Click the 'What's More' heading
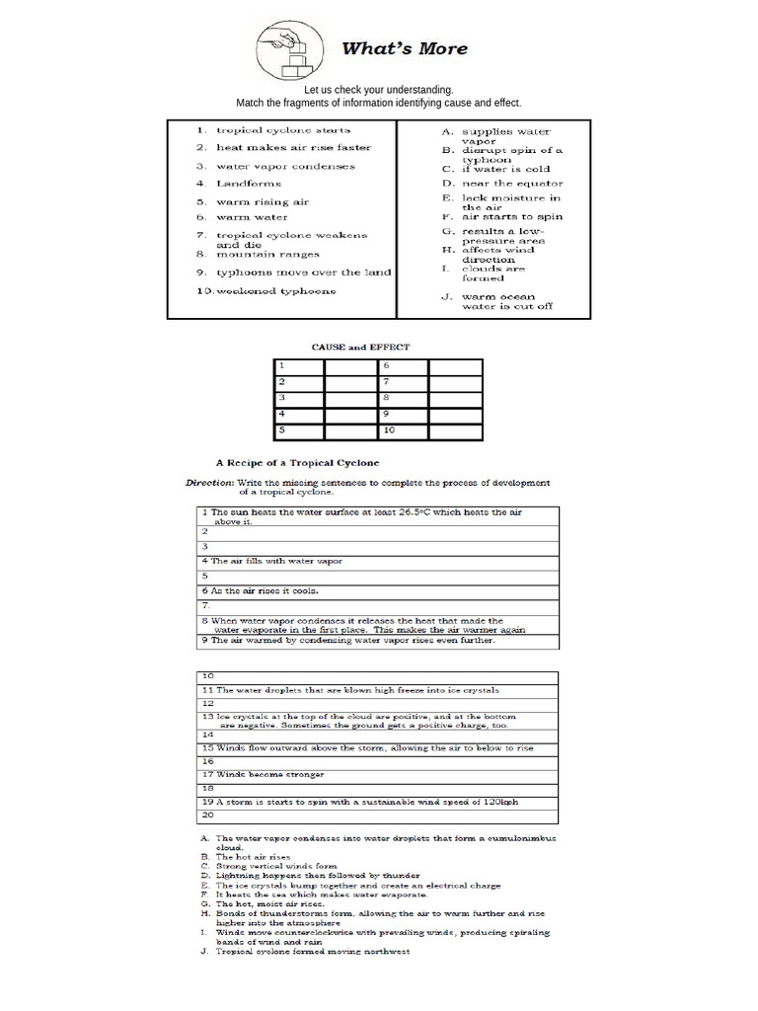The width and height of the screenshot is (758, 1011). tap(405, 48)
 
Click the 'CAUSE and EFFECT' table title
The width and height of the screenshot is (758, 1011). tap(360, 348)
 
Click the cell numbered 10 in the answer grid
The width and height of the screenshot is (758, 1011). tap(403, 431)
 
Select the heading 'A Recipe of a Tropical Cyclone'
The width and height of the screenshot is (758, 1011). tap(298, 462)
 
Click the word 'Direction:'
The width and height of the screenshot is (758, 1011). tap(210, 483)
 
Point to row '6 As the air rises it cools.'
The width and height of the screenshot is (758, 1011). tap(263, 590)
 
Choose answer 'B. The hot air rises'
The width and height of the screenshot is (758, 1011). tap(253, 857)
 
